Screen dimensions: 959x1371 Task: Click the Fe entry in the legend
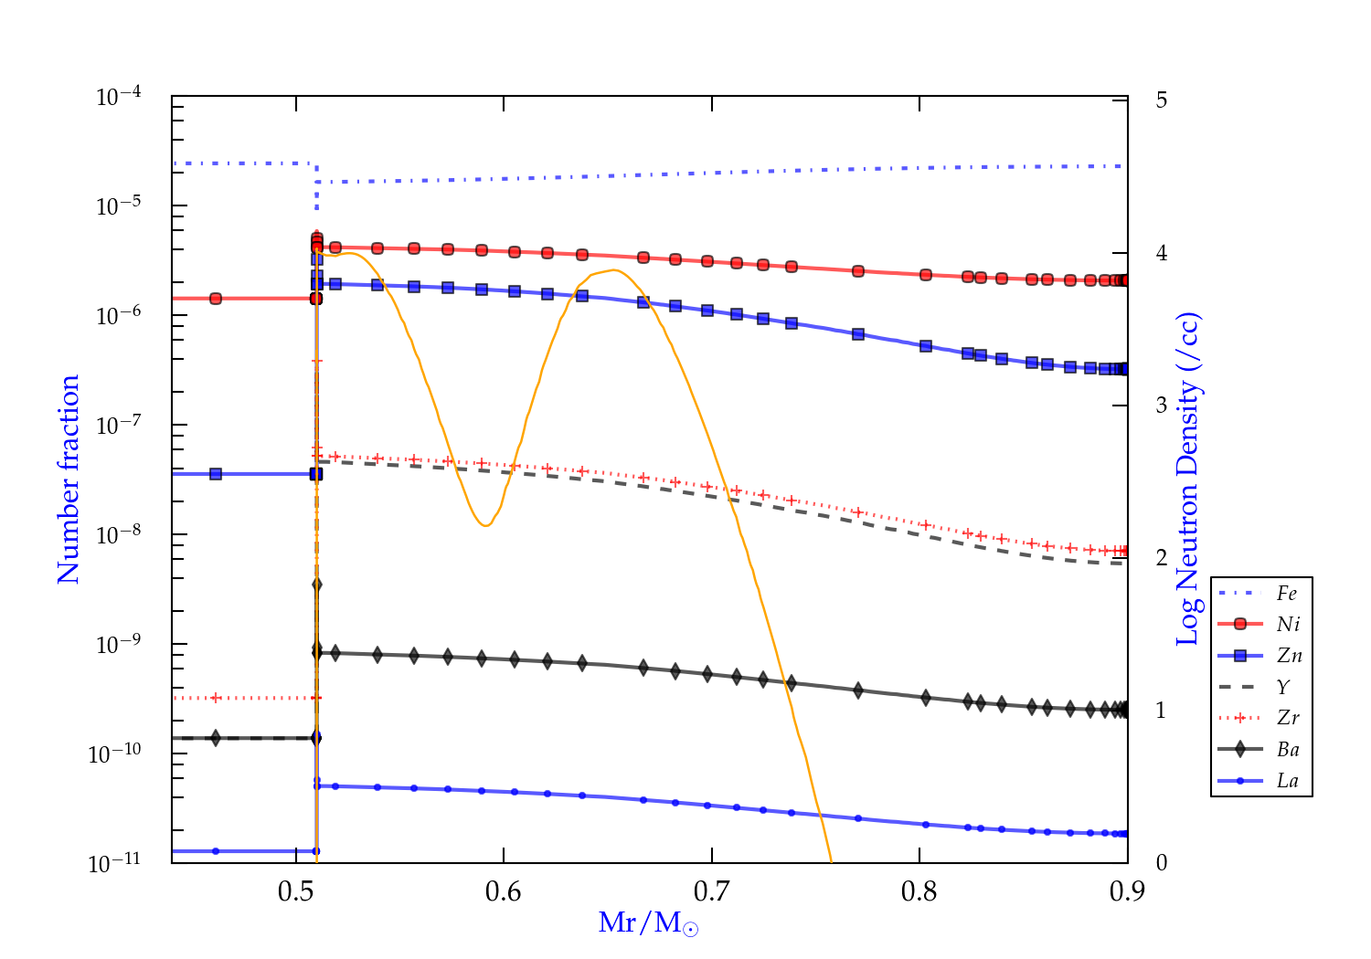(1286, 594)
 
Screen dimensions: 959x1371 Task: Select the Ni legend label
(1288, 625)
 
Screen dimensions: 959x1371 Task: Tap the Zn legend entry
(1289, 656)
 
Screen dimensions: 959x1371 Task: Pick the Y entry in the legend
(1283, 687)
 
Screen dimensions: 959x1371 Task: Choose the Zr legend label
(1288, 718)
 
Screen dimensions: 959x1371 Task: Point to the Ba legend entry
(1288, 750)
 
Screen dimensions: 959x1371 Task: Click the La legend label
(1287, 781)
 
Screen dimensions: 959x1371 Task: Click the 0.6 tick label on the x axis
(504, 892)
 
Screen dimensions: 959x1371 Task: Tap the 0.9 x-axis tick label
(1127, 892)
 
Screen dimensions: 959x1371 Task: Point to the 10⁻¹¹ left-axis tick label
(115, 862)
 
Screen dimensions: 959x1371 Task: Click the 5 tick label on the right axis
(1162, 100)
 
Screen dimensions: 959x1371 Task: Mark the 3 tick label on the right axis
(1162, 406)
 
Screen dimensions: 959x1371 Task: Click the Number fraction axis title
(69, 479)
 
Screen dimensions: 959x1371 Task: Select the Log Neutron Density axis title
(1188, 479)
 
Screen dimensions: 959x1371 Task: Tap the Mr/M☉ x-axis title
(648, 923)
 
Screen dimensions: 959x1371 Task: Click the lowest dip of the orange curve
(485, 525)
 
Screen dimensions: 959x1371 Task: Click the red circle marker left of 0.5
(216, 299)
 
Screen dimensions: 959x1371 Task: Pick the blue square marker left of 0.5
(216, 474)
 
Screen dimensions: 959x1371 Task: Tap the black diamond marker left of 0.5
(216, 738)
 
